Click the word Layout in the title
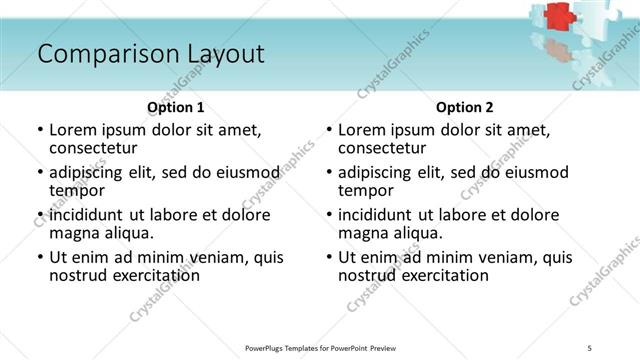click(x=225, y=54)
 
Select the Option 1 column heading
click(x=176, y=107)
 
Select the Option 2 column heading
click(x=464, y=107)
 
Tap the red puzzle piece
click(x=557, y=17)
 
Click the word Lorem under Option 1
click(x=73, y=130)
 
